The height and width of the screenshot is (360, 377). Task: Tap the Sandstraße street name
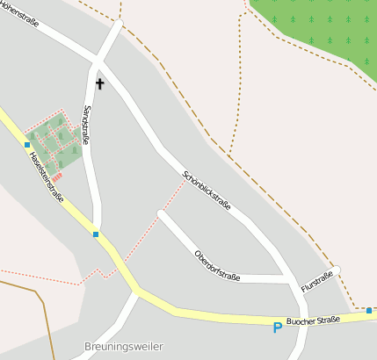pyautogui.click(x=86, y=124)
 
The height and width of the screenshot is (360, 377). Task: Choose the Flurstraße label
pyautogui.click(x=317, y=282)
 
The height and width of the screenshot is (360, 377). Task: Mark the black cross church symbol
pyautogui.click(x=99, y=84)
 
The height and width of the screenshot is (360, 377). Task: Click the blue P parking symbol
pyautogui.click(x=278, y=328)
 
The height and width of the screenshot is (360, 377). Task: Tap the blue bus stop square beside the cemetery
pyautogui.click(x=27, y=144)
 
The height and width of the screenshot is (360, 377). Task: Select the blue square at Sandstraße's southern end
pyautogui.click(x=95, y=234)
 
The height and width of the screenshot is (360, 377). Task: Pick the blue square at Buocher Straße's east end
pyautogui.click(x=369, y=310)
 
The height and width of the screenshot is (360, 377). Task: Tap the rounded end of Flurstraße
pyautogui.click(x=336, y=270)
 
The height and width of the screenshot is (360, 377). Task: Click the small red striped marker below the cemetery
pyautogui.click(x=58, y=176)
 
